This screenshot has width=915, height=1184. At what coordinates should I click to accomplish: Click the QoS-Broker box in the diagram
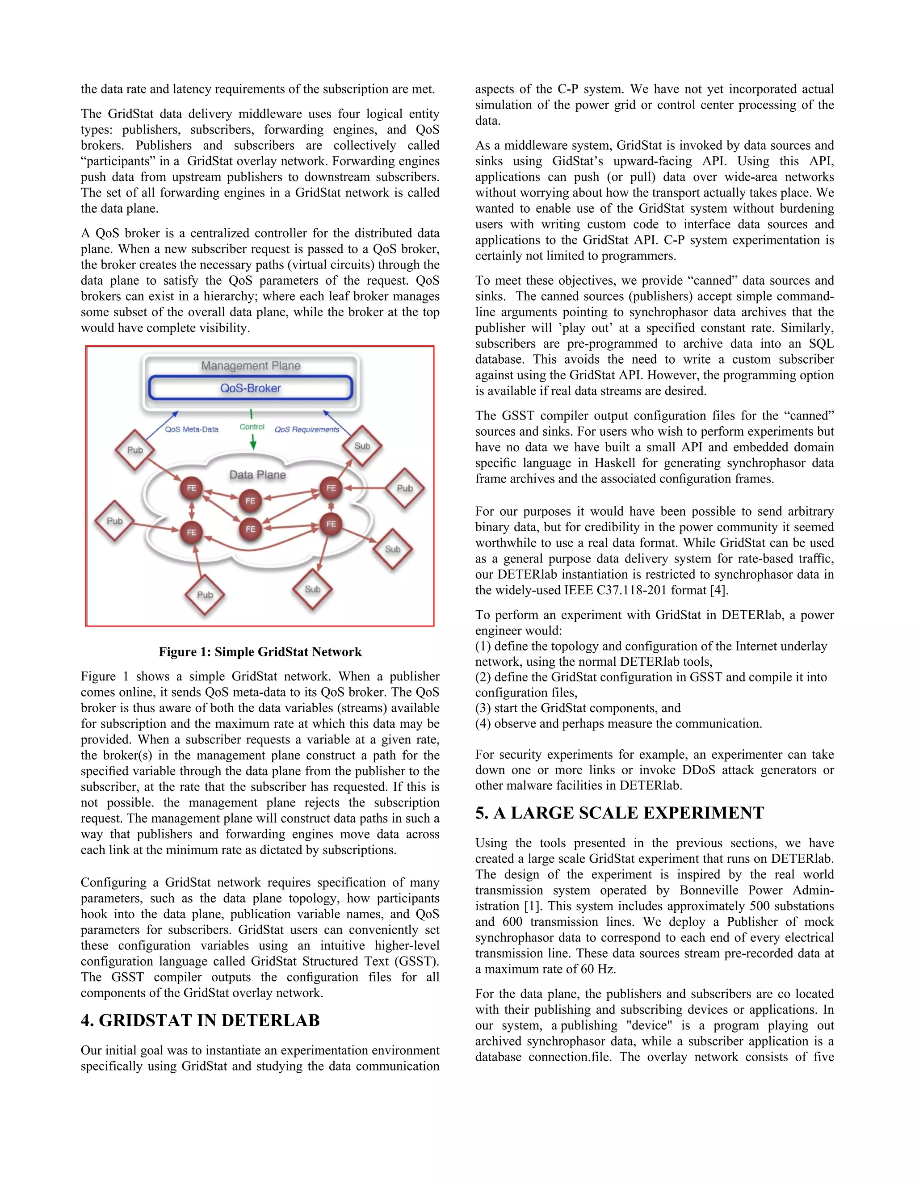click(251, 388)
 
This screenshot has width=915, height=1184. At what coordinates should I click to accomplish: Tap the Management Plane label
click(251, 366)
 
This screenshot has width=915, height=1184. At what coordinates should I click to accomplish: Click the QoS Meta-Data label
click(191, 429)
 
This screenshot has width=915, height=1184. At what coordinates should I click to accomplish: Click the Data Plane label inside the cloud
click(257, 475)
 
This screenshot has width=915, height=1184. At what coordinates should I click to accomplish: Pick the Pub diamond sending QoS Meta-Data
click(135, 450)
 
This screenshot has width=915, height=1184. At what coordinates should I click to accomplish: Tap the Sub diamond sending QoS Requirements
click(362, 445)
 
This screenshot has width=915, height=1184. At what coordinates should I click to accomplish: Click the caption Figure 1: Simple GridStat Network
click(260, 651)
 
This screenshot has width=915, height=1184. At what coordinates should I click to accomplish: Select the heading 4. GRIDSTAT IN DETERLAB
click(200, 1020)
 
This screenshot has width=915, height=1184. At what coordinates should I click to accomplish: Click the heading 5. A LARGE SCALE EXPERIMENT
click(619, 813)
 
